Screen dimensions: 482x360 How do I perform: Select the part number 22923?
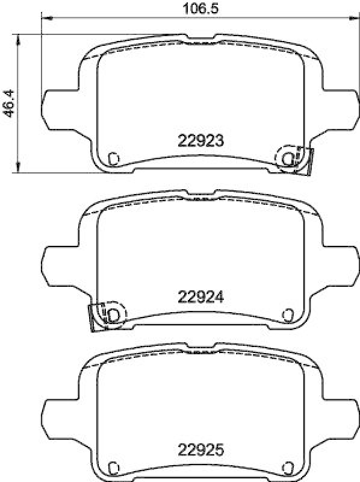click(x=201, y=140)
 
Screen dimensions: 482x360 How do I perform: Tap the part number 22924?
click(x=201, y=296)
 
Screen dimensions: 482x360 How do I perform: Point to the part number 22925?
click(x=201, y=449)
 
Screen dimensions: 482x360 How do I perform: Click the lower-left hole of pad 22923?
click(x=113, y=158)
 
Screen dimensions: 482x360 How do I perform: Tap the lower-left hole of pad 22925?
click(x=113, y=466)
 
